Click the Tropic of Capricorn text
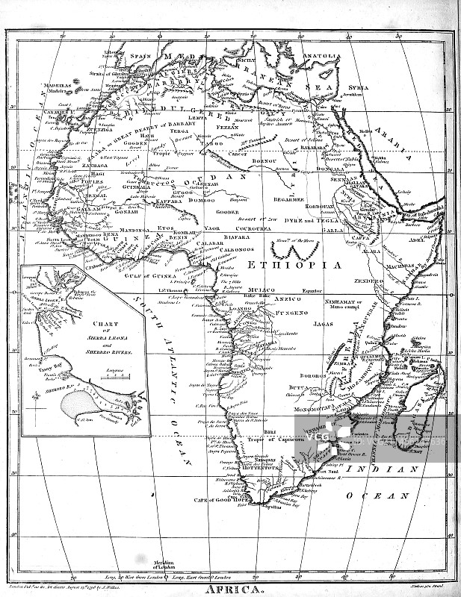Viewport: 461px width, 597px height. pos(280,440)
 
